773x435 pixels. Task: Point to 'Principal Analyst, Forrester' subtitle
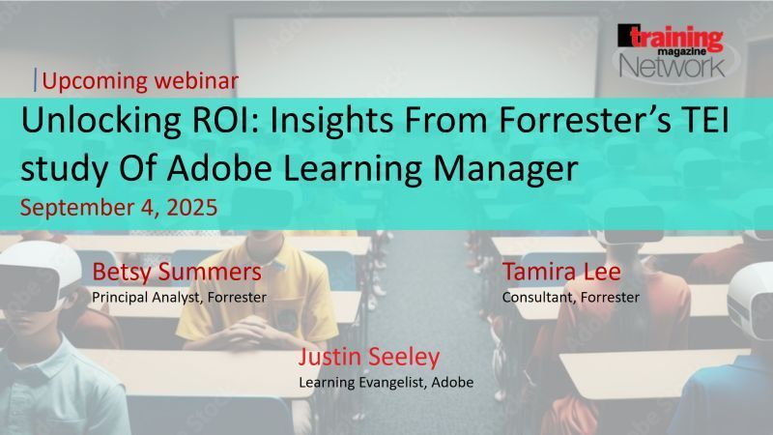[x=179, y=297]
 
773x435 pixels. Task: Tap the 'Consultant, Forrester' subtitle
[x=570, y=297]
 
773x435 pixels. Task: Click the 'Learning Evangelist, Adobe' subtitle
[x=386, y=382]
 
